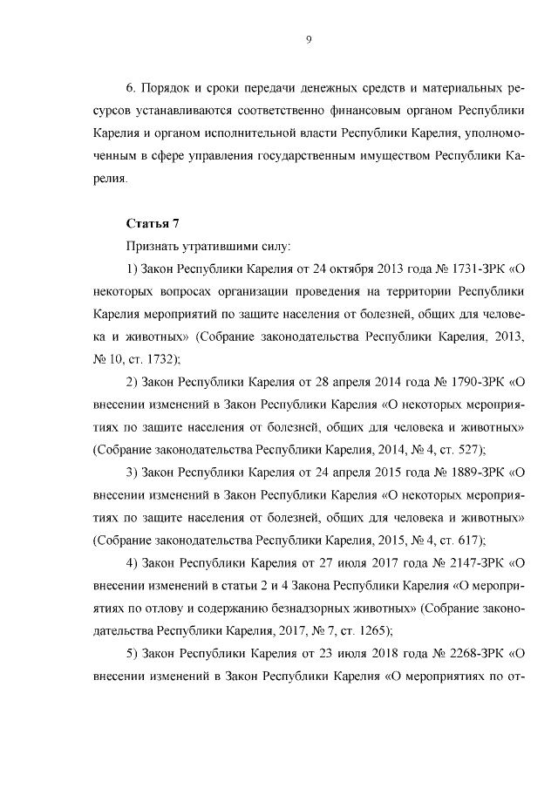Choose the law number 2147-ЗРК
tap(466, 564)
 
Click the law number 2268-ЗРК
tap(466, 656)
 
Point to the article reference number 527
tap(468, 450)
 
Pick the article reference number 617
tap(468, 541)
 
